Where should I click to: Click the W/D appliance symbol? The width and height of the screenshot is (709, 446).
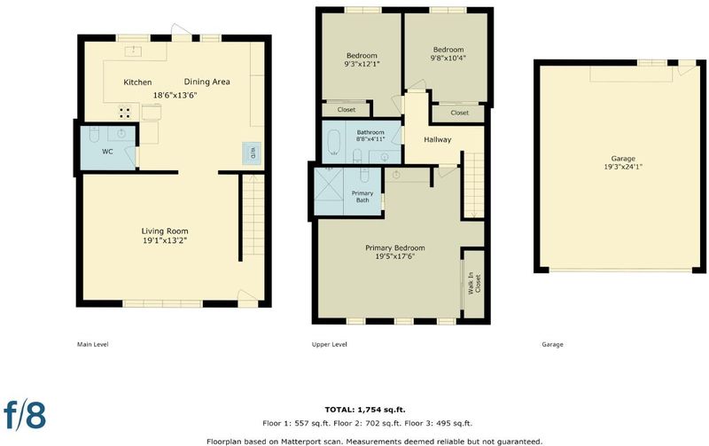coord(252,153)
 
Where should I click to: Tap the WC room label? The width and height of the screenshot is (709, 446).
coord(107,152)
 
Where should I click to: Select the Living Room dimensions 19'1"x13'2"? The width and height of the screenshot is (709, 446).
coord(165,240)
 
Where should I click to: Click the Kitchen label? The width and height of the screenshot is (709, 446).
coord(137,82)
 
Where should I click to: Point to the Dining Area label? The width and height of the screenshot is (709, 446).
coord(206,82)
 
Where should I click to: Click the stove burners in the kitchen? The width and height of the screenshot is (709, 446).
coord(125,111)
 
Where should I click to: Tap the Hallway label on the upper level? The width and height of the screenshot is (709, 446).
coord(437,140)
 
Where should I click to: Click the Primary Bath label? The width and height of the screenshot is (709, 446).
coord(362,197)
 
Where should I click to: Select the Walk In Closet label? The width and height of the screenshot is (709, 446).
coord(474,284)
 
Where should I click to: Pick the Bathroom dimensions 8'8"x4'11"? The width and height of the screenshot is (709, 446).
coord(370,139)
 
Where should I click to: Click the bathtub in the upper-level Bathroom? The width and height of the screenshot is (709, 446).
coord(333,143)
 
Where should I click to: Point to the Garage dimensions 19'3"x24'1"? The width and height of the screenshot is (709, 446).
coord(623,167)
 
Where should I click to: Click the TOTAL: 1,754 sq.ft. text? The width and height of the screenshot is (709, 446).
coord(365,410)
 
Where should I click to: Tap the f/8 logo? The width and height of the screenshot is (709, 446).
coord(25,413)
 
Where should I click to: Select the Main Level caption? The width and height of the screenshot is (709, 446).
coord(93,344)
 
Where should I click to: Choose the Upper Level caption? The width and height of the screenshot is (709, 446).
coord(329,344)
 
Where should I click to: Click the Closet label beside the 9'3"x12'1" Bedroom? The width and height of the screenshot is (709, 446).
coord(347,109)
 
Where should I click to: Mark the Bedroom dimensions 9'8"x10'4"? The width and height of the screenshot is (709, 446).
coord(448,58)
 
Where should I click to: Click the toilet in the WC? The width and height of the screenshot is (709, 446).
coord(94,134)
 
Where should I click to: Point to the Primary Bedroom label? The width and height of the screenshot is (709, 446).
coord(394,248)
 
